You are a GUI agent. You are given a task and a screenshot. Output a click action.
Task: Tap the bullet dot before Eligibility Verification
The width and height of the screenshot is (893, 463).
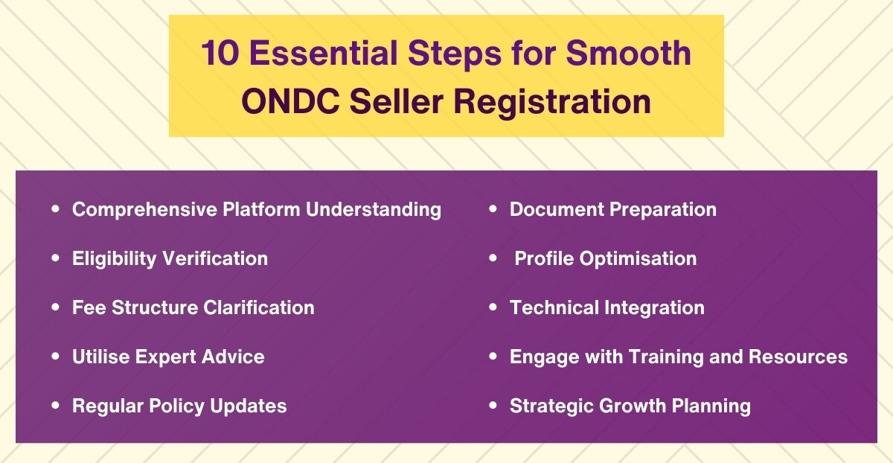click(55, 258)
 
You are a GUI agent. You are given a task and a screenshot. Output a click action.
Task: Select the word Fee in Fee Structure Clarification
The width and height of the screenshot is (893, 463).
click(89, 307)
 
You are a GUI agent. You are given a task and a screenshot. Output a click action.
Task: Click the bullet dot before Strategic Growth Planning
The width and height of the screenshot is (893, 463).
click(493, 406)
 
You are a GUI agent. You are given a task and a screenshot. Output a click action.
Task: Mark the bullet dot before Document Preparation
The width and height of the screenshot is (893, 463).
click(493, 210)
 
